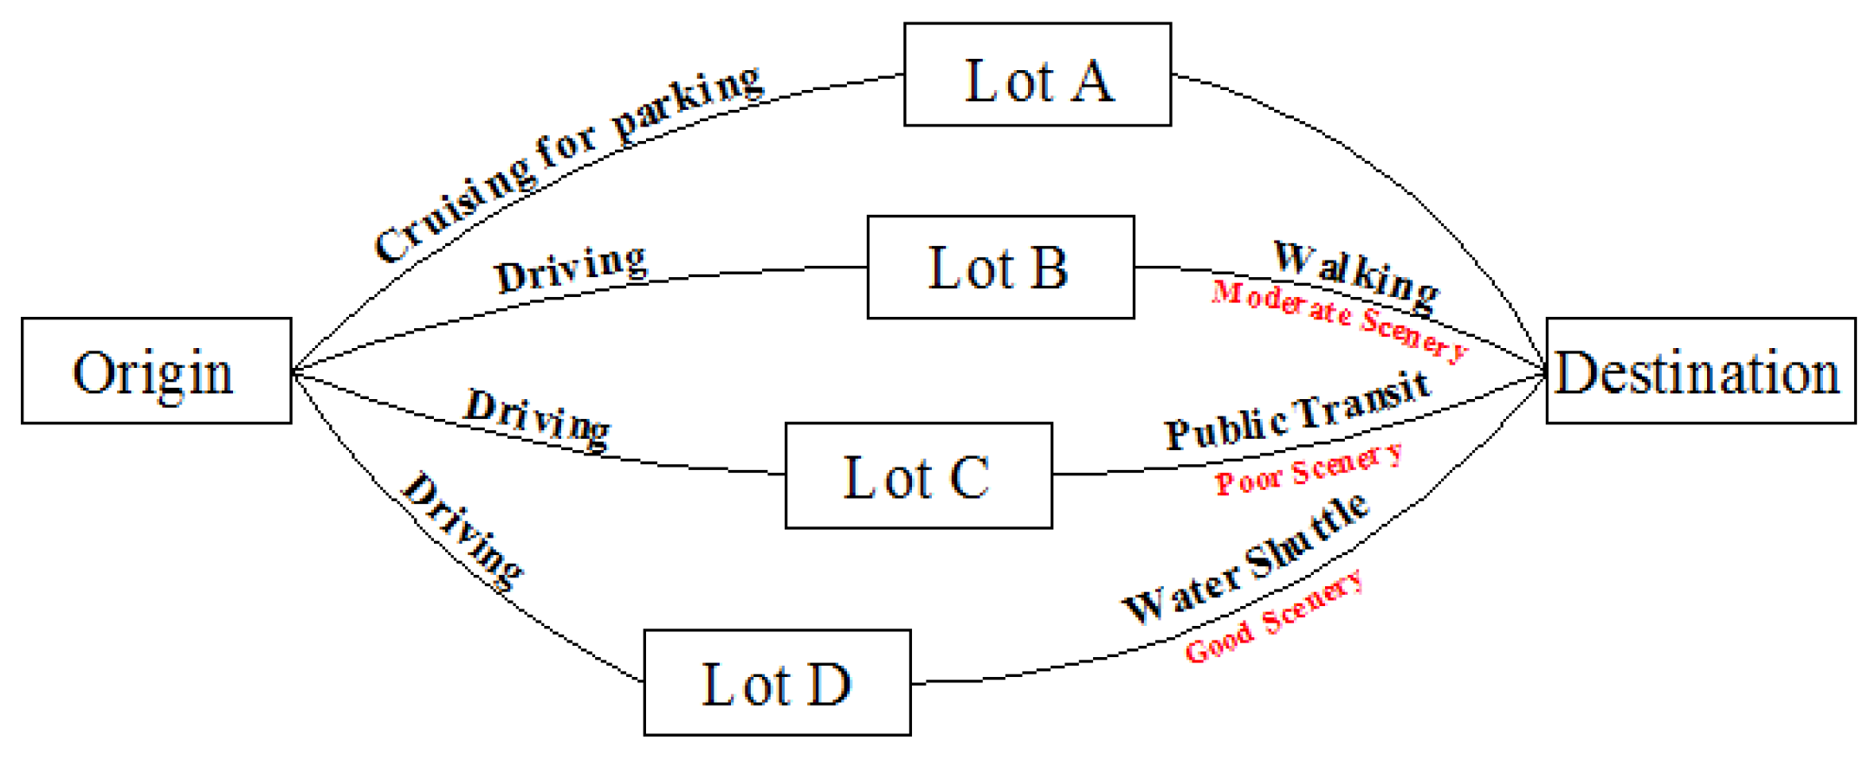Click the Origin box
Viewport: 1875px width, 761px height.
pos(157,371)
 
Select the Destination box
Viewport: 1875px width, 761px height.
pos(1701,371)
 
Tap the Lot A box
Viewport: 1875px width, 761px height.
pos(1038,74)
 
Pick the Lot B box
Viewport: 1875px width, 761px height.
pos(1000,267)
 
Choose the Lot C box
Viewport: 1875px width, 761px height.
pos(919,475)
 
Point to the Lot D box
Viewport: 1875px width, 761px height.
pos(777,682)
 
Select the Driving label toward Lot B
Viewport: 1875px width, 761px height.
pos(572,268)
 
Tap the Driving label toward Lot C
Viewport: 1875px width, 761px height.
pos(537,418)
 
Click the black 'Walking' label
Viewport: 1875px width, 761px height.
pos(1356,275)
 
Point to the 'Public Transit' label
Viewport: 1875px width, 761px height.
pos(1297,410)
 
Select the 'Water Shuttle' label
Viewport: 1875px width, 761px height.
pos(1245,558)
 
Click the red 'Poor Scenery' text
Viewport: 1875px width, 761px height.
pos(1308,470)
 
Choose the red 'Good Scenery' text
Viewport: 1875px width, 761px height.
pos(1274,616)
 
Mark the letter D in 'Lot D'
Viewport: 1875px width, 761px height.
pos(828,684)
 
